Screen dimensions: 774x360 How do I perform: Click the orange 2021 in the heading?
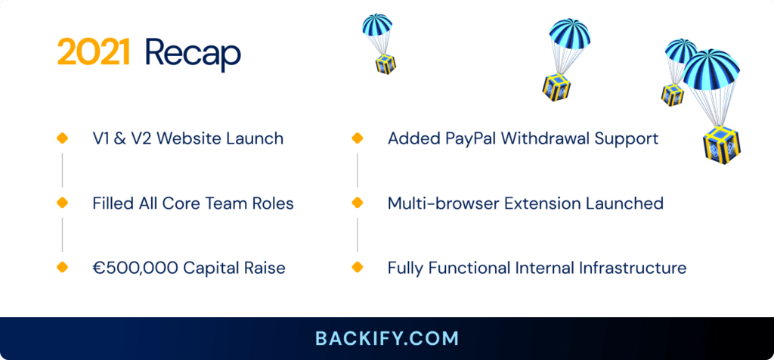(94, 52)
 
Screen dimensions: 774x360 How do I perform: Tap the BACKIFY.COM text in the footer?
(387, 339)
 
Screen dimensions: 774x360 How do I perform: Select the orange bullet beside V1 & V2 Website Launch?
(62, 138)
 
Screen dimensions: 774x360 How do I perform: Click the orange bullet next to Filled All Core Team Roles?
(62, 203)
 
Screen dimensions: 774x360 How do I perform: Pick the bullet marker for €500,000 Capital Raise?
(62, 267)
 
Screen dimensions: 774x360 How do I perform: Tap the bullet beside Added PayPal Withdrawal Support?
(358, 138)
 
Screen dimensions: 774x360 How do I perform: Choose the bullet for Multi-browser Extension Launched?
(358, 203)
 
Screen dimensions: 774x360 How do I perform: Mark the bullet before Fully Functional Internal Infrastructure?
(358, 267)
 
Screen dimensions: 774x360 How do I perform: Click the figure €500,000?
(135, 268)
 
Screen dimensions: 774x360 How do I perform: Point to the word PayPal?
(469, 138)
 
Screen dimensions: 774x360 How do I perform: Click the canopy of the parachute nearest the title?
(377, 24)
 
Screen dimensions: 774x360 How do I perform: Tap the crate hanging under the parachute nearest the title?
(385, 64)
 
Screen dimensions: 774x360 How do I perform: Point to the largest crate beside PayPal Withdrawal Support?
(722, 144)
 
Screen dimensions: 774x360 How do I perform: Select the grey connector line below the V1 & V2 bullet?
(62, 170)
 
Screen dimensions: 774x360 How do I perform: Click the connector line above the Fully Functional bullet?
(358, 234)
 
